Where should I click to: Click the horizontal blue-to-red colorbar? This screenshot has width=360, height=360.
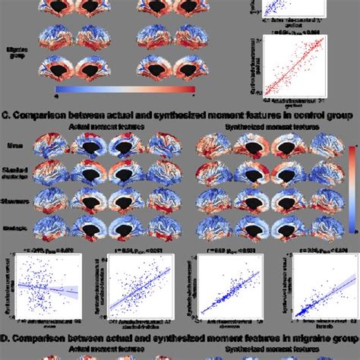click(125, 90)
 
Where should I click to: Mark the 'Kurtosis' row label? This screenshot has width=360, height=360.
click(17, 222)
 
